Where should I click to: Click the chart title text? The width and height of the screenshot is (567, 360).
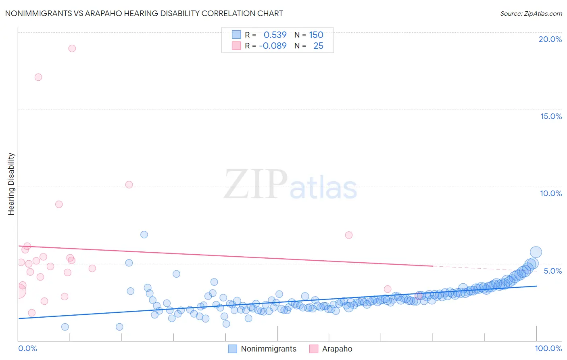point(144,13)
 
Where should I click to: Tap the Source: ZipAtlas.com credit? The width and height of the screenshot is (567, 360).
point(531,14)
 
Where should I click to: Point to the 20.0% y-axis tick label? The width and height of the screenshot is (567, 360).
point(550,39)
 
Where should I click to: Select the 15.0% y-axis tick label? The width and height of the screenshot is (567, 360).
point(551,116)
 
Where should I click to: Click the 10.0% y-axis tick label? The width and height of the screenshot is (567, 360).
point(551,193)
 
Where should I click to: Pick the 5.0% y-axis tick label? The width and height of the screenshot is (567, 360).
point(552,271)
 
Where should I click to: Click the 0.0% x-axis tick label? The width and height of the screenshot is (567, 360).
point(27,348)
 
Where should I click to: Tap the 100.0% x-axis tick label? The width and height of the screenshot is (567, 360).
point(548,348)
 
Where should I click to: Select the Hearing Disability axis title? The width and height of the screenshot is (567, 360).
point(11,184)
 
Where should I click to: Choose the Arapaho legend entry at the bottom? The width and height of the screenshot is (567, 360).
point(331,349)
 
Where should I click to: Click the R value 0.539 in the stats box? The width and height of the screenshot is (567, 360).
point(275,35)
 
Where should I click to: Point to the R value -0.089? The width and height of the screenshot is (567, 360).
point(273,46)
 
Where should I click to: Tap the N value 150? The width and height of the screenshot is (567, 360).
point(316,35)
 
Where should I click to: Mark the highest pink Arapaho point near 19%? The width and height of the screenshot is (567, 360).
point(72,48)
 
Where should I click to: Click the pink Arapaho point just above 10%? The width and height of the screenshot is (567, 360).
point(129,184)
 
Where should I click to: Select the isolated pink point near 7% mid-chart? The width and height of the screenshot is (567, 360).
point(349,235)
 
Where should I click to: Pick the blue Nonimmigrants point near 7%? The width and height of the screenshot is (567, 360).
point(144,234)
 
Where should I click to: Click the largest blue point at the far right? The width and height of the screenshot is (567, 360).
point(536,252)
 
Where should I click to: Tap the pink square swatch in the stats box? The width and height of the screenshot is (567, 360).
point(236,46)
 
